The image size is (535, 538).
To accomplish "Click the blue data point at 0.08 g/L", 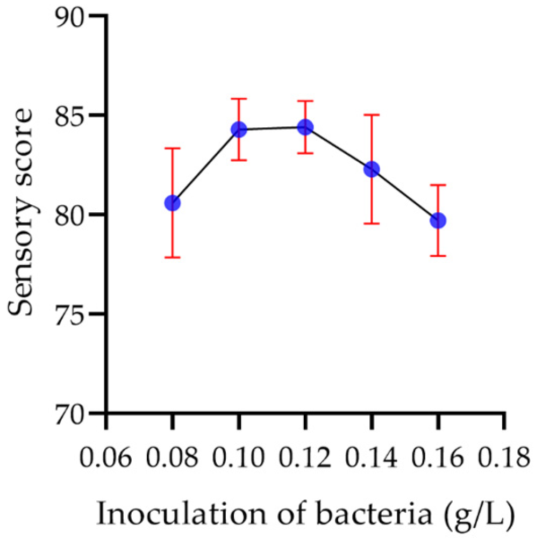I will coord(172,203).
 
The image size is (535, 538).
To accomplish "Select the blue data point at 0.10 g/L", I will coord(239,130).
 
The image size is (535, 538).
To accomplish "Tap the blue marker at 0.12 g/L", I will coord(305,127).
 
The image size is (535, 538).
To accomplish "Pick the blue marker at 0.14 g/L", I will coord(372,169).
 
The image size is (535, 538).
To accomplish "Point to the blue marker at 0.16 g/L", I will coord(438,220).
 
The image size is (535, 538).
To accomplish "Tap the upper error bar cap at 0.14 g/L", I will coord(372,115).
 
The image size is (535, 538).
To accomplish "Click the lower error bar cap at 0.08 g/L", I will coord(172,257).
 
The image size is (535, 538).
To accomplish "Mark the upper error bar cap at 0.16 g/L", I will coord(438,185).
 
